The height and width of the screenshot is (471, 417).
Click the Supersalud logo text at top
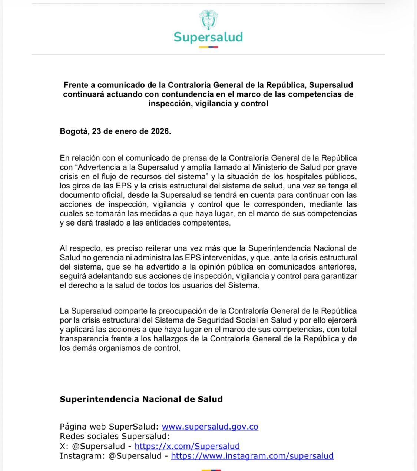208,37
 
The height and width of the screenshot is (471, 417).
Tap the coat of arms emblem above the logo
208,19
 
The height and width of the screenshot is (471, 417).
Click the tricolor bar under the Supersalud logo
208,47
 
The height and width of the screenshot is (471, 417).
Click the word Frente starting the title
76,85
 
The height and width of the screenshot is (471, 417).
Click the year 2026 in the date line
160,131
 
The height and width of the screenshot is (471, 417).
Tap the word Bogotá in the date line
74,131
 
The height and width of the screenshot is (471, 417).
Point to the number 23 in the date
97,131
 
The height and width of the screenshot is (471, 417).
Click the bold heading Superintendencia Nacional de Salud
141,399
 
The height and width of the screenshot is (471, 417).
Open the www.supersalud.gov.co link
210,427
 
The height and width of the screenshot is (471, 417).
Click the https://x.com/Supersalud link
187,446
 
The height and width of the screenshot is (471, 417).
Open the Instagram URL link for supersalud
252,456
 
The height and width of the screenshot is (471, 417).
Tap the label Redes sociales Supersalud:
115,436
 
